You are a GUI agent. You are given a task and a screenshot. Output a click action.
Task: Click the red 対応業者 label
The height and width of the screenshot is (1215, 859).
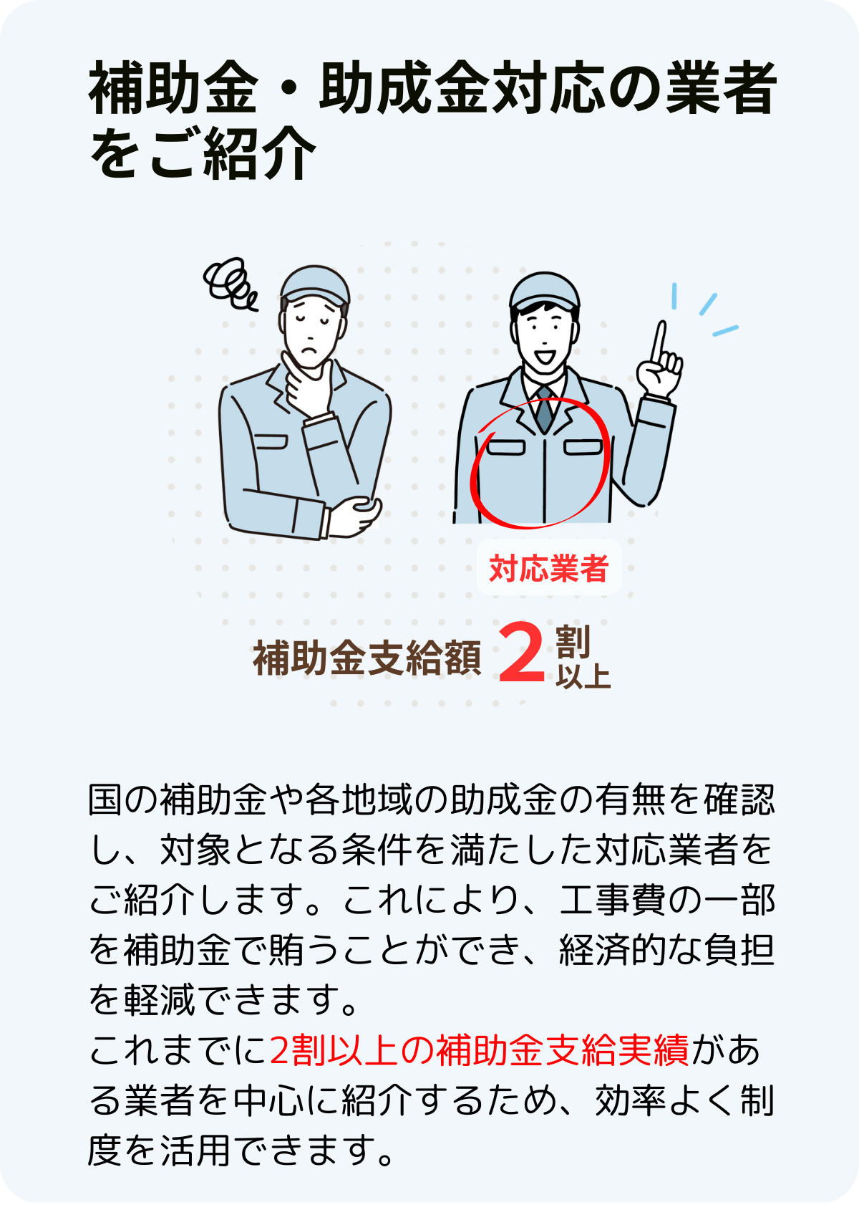[548, 568]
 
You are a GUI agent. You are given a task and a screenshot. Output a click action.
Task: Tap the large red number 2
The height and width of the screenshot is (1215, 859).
[521, 653]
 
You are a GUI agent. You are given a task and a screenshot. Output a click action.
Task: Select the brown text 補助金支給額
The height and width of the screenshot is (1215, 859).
[367, 658]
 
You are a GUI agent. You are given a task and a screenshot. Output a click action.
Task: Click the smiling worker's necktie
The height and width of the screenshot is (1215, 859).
[543, 409]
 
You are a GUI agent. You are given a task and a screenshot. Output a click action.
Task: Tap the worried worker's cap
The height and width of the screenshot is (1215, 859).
[315, 284]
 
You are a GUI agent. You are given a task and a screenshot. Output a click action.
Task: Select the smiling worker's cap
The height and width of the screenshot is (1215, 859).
[544, 292]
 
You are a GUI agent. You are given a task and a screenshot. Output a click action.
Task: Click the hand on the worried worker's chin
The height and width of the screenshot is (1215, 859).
[306, 386]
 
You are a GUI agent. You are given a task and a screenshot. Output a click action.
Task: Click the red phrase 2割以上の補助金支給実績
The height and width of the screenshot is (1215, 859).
[479, 1051]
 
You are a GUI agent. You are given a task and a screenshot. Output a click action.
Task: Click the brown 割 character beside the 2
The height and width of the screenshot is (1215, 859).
[572, 641]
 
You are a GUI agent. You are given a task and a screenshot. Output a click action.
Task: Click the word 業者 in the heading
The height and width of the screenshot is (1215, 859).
[721, 87]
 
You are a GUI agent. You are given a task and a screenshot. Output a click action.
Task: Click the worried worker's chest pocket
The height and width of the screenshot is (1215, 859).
[271, 442]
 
